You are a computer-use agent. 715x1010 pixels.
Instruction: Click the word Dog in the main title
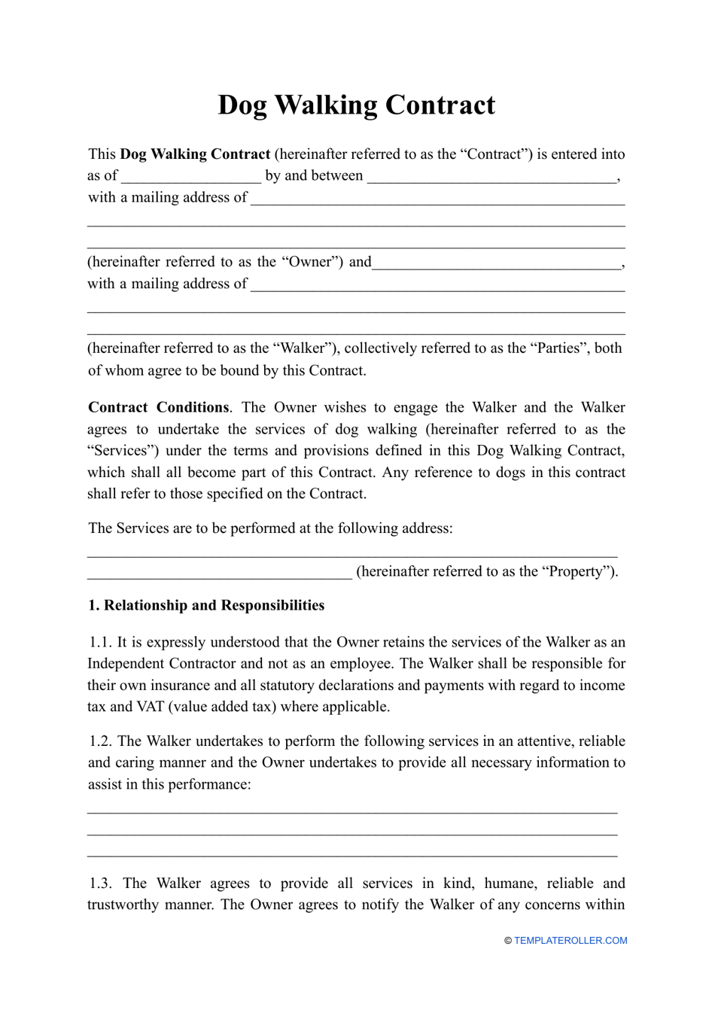242,105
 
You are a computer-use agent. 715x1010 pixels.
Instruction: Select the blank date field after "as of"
191,177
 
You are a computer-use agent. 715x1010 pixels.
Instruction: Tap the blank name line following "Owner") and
497,263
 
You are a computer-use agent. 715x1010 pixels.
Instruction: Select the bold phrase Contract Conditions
158,407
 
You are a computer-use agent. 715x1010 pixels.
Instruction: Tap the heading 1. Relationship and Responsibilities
206,605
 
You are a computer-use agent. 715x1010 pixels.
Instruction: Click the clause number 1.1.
101,642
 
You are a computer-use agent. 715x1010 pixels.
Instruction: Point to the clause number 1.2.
101,741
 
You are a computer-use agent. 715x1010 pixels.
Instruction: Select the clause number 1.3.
101,883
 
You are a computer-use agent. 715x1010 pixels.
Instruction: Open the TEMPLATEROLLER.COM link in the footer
570,940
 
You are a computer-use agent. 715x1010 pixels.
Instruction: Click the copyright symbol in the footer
508,940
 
